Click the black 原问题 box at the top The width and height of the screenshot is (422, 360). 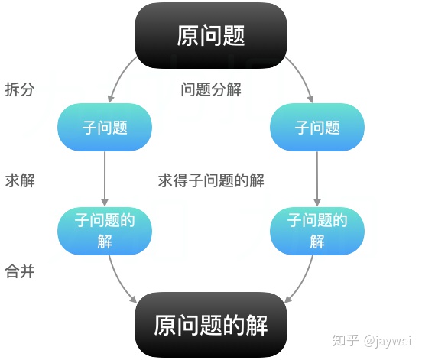click(211, 35)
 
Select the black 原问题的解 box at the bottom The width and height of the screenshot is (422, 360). click(211, 326)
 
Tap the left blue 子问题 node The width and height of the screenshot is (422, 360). click(105, 127)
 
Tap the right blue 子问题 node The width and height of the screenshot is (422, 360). click(317, 127)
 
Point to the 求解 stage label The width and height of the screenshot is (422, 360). click(19, 180)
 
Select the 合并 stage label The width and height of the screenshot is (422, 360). click(19, 271)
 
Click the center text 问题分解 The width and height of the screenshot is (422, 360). click(211, 89)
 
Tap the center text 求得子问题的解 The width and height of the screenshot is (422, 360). click(211, 181)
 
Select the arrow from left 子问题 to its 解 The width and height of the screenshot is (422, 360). click(105, 180)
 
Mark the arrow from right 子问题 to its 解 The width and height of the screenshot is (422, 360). click(317, 180)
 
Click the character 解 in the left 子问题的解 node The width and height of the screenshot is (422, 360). click(105, 242)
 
